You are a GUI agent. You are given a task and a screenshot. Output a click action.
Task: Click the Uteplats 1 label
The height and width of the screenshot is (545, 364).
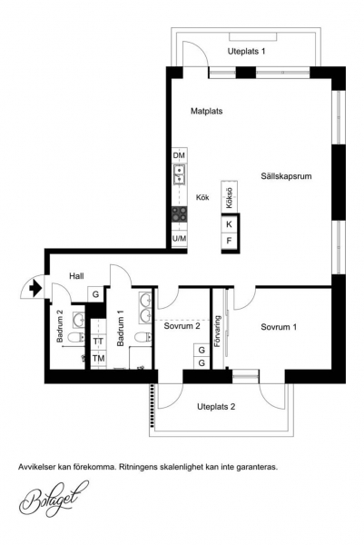coord(246,52)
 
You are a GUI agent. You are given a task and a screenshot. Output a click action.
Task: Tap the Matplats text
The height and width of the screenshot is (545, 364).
coord(207,111)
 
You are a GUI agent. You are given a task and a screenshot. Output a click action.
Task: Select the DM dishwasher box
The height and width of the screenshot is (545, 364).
coord(179,155)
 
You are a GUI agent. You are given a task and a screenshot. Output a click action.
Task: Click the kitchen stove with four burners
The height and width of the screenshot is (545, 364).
coord(179,214)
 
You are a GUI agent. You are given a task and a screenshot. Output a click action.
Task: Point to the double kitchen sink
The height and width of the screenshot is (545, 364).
coord(179,174)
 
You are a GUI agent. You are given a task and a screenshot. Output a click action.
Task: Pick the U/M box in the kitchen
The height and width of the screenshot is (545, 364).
coord(179,238)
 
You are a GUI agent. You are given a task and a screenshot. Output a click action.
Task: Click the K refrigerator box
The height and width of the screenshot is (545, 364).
coord(230,224)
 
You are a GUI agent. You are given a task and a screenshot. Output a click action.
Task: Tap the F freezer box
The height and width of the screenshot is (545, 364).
coord(230,241)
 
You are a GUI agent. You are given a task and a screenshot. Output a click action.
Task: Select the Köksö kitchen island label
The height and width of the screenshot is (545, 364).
coord(229,198)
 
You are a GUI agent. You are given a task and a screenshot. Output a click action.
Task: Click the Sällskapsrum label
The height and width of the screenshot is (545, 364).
coord(286,176)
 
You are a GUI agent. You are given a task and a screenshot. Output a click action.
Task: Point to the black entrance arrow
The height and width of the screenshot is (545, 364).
coord(35,288)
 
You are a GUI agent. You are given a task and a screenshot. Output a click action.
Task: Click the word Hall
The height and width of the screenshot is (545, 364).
coord(76,276)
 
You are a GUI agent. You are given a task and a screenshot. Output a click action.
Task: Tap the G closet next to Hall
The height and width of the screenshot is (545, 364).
coord(95,294)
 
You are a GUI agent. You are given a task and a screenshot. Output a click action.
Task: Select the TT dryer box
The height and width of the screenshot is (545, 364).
coord(98,342)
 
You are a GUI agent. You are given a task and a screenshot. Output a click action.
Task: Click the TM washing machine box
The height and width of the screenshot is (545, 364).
coord(98,358)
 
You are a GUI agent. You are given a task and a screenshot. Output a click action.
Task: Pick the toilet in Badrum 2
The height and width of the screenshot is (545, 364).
coord(75,337)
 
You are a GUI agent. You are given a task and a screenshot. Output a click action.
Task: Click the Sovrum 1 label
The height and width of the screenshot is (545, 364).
coord(279,327)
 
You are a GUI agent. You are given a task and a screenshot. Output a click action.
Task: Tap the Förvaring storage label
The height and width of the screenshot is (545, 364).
coord(218,332)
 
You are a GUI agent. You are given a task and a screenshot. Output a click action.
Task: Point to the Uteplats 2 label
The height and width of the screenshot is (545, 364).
coord(216,407)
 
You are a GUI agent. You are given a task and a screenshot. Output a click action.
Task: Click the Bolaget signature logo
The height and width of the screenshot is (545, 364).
coord(54,499)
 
